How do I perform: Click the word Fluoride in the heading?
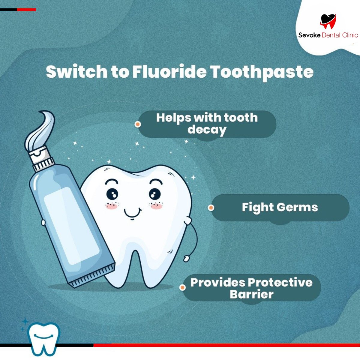click(169, 72)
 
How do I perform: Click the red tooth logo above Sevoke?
click(328, 21)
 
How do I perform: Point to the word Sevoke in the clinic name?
click(309, 35)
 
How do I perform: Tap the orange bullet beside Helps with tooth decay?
click(138, 124)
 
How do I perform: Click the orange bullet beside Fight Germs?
click(211, 208)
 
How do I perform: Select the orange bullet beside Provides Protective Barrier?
click(182, 288)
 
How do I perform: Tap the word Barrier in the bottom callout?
click(251, 294)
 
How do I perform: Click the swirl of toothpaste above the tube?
click(40, 129)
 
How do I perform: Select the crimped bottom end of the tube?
click(93, 274)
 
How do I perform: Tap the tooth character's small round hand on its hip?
click(187, 258)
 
